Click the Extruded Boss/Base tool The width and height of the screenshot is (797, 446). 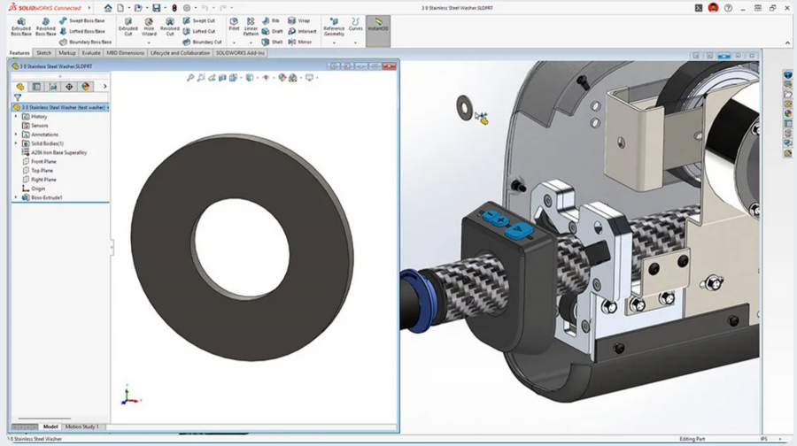point(20,26)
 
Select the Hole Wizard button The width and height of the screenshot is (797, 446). point(149,26)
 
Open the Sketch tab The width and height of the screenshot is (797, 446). point(43,53)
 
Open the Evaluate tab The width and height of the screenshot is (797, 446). point(91,53)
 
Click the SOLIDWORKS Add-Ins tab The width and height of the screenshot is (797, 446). point(240,53)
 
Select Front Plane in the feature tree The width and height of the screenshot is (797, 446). point(43,161)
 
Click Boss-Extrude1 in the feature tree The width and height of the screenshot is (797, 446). point(46,197)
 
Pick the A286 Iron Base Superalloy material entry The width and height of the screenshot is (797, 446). point(58,152)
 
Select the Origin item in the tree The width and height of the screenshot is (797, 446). point(38,188)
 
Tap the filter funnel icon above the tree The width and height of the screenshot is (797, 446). point(17,97)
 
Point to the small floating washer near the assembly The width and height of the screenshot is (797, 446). point(463,107)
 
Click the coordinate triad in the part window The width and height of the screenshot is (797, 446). point(128,396)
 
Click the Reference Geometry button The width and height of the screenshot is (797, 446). point(334,26)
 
